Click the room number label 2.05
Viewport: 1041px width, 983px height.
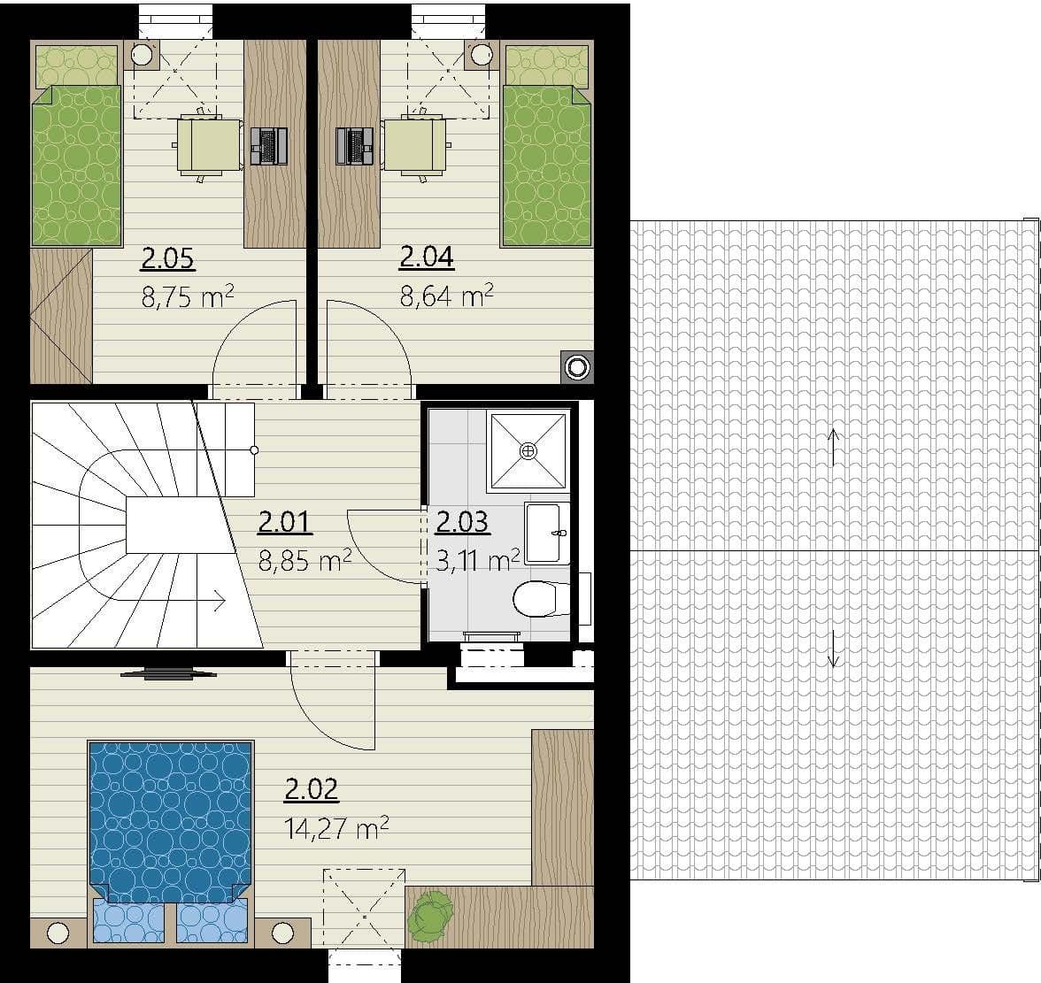[x=168, y=258]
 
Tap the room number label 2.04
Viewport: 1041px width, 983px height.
[x=427, y=257]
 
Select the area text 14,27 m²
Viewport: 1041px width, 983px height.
[x=337, y=828]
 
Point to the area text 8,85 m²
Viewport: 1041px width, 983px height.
[x=305, y=559]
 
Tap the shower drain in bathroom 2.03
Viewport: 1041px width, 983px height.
[x=528, y=451]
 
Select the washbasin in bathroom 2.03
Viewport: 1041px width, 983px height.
[x=546, y=533]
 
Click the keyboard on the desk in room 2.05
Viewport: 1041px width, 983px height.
[x=269, y=146]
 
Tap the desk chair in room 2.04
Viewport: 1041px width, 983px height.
[x=413, y=145]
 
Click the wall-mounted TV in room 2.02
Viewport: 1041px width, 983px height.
[x=168, y=673]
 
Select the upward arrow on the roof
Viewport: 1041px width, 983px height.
[x=832, y=447]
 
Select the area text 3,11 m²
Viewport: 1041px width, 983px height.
[x=477, y=559]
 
